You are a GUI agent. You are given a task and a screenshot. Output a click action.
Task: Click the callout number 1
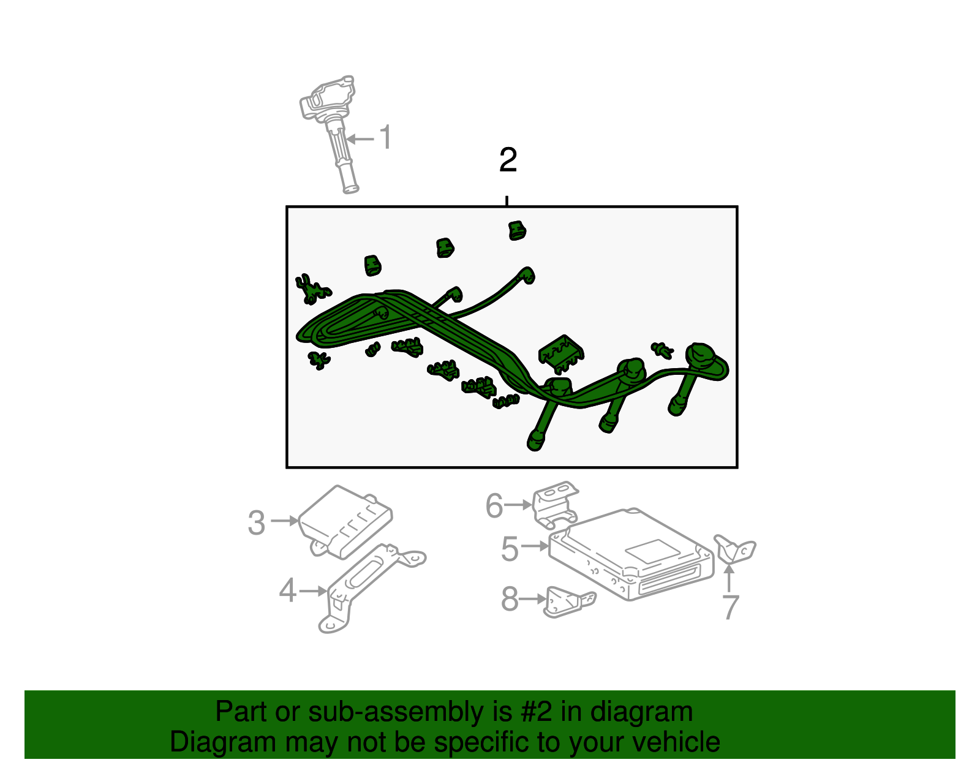click(x=386, y=137)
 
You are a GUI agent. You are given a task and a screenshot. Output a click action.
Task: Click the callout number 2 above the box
click(x=508, y=160)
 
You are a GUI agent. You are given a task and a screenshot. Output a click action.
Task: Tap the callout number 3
click(x=257, y=523)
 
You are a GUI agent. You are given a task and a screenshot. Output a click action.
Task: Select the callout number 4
click(x=288, y=590)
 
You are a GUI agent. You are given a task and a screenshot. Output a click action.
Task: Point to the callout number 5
click(x=510, y=549)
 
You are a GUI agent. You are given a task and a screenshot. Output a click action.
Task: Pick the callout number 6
click(x=494, y=506)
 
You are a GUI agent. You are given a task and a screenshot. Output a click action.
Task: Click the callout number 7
click(x=731, y=607)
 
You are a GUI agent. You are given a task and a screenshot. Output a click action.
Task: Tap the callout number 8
click(x=510, y=599)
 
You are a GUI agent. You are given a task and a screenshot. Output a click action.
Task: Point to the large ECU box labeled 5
click(x=631, y=554)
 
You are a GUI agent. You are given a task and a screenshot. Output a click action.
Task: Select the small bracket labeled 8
click(x=569, y=602)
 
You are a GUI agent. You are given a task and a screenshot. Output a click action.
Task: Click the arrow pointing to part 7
click(x=729, y=578)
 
